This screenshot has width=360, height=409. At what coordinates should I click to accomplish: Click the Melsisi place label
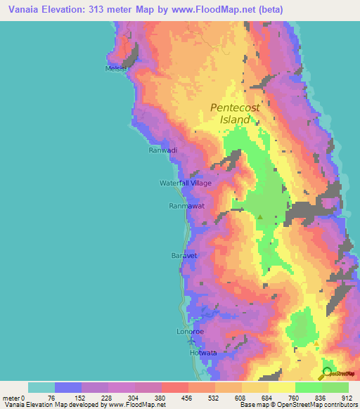115,68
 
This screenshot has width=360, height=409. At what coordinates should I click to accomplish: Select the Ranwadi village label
162,150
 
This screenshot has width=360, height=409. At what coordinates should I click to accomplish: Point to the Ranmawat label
186,206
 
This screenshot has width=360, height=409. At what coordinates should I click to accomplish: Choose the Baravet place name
184,255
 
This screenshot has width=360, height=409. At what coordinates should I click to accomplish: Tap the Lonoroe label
189,330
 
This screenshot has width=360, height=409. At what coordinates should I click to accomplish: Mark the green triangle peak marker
260,217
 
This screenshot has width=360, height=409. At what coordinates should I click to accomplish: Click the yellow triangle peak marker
316,344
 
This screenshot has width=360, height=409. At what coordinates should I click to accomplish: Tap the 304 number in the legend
135,398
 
